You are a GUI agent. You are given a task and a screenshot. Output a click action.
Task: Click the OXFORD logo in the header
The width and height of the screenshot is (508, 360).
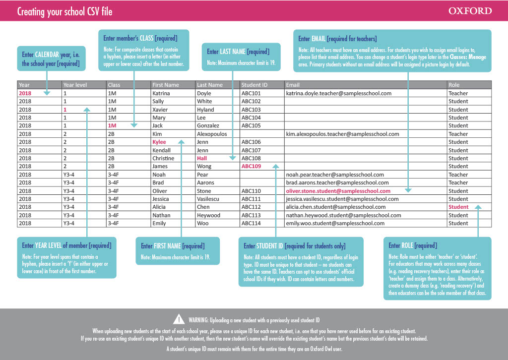[x=470, y=11]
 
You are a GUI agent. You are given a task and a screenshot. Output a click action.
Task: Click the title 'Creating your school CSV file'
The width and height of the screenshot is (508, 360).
[x=64, y=12]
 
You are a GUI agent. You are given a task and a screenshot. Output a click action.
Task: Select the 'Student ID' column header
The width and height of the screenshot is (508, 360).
[x=254, y=85]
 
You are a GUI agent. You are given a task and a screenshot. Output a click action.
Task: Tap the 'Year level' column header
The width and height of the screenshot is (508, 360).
[x=75, y=85]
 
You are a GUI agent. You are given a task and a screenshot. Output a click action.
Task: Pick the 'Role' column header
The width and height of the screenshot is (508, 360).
[x=454, y=85]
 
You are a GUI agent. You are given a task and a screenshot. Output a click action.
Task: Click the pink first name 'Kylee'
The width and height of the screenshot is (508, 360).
[x=159, y=142]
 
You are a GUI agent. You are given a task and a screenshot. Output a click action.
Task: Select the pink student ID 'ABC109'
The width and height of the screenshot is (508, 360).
[x=251, y=166]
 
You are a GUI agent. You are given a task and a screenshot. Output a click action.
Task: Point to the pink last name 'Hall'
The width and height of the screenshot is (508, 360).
[x=202, y=158]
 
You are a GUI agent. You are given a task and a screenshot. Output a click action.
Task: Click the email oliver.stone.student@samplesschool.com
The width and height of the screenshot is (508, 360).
[x=338, y=191]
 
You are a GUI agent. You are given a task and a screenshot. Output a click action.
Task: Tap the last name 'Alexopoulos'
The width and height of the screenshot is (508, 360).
[x=212, y=134]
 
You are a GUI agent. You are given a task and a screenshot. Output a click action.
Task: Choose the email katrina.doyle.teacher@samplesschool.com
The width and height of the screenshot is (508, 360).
[x=339, y=93]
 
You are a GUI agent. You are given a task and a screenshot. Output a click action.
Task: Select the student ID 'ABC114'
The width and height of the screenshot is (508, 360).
[x=251, y=223]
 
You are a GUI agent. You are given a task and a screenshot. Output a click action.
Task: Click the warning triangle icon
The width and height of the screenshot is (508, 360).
[x=179, y=319]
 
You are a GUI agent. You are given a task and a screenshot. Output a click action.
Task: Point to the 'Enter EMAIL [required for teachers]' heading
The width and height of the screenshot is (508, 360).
[x=337, y=39]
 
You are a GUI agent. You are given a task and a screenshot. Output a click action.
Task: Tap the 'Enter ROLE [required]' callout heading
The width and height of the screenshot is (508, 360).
[x=413, y=245]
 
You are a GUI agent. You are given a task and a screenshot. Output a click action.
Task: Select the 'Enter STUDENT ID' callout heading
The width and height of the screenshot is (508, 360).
[x=295, y=246]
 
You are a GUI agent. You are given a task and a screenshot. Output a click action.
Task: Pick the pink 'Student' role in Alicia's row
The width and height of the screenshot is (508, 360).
[x=458, y=207]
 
